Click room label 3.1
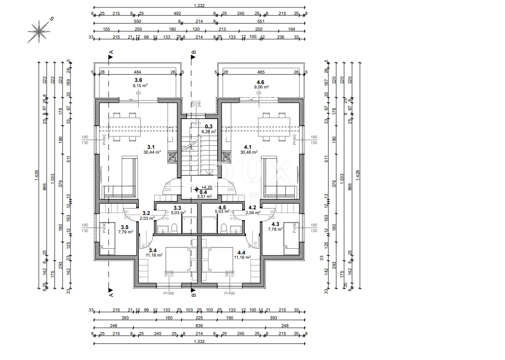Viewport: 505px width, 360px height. coord(151,147)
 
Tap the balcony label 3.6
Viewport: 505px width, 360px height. coord(138,80)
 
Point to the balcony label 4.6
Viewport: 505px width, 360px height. coord(260,82)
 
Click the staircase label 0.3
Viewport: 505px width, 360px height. coord(208,127)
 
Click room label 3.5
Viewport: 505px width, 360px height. coord(124,227)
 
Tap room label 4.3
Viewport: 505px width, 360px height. coord(275,223)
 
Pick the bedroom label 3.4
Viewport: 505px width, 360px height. coord(152,250)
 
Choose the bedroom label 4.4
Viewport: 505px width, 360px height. coord(241,252)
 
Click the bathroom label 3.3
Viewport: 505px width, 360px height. coord(177,208)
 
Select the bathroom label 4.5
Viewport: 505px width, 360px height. coord(222,208)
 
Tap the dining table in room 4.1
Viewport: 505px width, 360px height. coord(273,127)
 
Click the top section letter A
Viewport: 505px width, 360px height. coord(111,52)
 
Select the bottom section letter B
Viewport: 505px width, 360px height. coord(194,295)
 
